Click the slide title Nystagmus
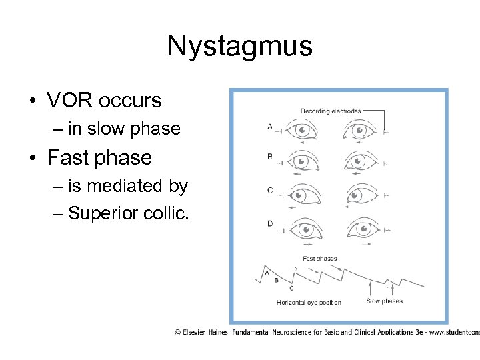[239, 46]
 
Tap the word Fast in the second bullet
[67, 158]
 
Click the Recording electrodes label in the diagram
[331, 111]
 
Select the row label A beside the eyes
[269, 125]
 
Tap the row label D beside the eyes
[269, 223]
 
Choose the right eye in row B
[363, 162]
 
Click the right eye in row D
[363, 228]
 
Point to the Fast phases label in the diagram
[320, 259]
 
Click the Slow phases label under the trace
[384, 301]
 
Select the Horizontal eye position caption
[309, 302]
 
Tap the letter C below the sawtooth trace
[291, 288]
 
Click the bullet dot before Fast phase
[32, 159]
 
